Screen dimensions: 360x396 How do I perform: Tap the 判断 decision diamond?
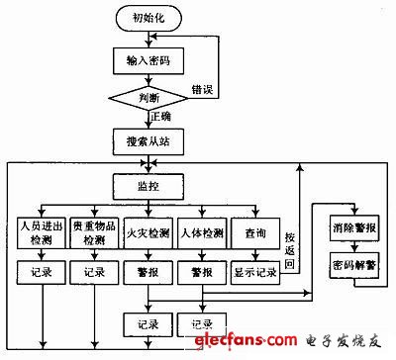coord(149,97)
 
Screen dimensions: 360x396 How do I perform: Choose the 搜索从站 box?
coord(149,139)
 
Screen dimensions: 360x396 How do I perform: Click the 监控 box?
coord(149,185)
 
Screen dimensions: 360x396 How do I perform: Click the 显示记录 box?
coord(255,271)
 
